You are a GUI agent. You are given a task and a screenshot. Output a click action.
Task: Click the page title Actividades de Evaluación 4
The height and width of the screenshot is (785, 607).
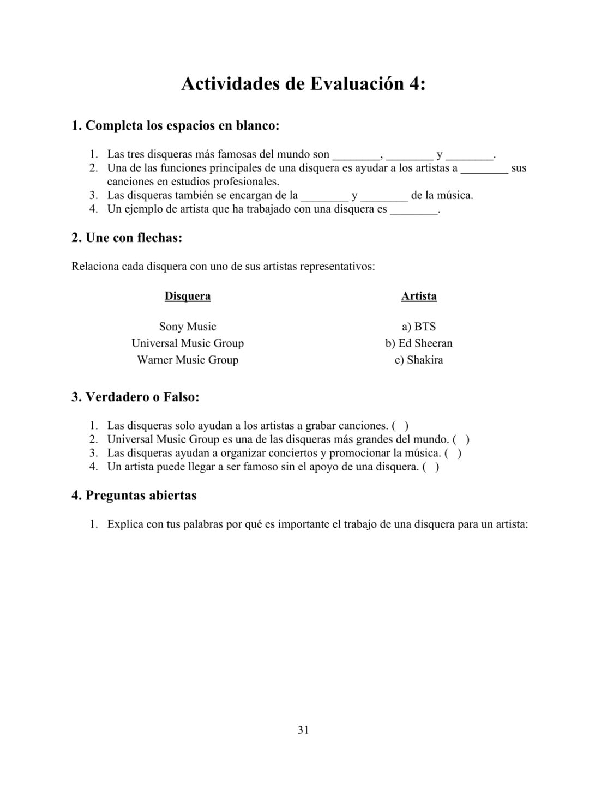click(303, 84)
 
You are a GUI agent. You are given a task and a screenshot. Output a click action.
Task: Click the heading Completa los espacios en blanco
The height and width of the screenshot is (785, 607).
click(175, 126)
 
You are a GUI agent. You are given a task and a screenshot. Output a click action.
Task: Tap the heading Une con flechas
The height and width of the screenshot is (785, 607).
click(127, 238)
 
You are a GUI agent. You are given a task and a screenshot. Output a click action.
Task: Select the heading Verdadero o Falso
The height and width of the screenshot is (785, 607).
click(135, 397)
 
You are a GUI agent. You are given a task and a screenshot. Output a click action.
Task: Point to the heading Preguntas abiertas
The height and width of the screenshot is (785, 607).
click(134, 496)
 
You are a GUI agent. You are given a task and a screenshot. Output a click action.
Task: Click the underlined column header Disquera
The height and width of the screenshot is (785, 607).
click(188, 296)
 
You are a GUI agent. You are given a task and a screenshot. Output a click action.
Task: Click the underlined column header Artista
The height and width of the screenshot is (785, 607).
click(419, 296)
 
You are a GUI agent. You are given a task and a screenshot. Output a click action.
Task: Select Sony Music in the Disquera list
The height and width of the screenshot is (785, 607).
click(188, 327)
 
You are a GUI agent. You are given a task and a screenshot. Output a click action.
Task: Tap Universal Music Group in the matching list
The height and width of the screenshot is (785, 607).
click(188, 343)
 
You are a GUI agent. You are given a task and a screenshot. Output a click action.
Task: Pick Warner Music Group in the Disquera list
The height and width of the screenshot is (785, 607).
click(188, 360)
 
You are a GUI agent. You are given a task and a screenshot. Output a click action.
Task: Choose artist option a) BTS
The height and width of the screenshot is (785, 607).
click(419, 327)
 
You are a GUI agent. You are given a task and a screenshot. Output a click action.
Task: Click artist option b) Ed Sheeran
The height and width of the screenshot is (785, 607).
click(419, 343)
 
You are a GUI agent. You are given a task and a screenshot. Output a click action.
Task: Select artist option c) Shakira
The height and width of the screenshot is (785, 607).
click(419, 360)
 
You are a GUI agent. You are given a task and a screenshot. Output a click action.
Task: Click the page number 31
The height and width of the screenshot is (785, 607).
click(303, 730)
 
